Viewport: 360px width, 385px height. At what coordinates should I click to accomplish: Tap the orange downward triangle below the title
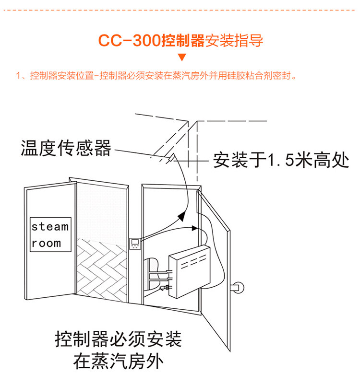tap(181, 58)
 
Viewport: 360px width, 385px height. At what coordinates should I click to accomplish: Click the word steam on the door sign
tap(50, 227)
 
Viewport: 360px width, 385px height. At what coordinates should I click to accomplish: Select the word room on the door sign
tap(47, 243)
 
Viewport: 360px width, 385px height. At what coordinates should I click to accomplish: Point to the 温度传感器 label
tap(66, 148)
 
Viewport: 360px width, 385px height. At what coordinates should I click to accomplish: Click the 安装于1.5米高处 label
tap(281, 160)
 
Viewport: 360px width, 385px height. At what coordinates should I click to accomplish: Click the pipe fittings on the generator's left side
tap(161, 280)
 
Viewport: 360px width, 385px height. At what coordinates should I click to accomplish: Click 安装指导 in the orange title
tap(234, 40)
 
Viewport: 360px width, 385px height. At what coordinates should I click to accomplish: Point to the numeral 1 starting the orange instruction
tap(18, 76)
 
